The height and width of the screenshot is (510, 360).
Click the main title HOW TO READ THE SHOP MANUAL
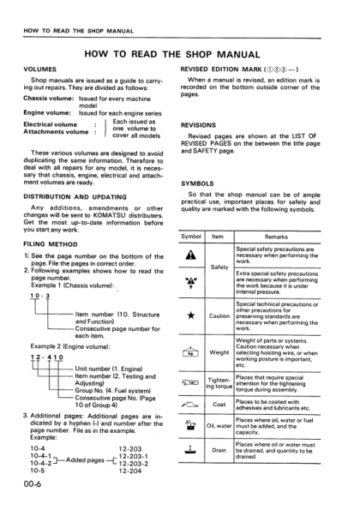click(x=181, y=52)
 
